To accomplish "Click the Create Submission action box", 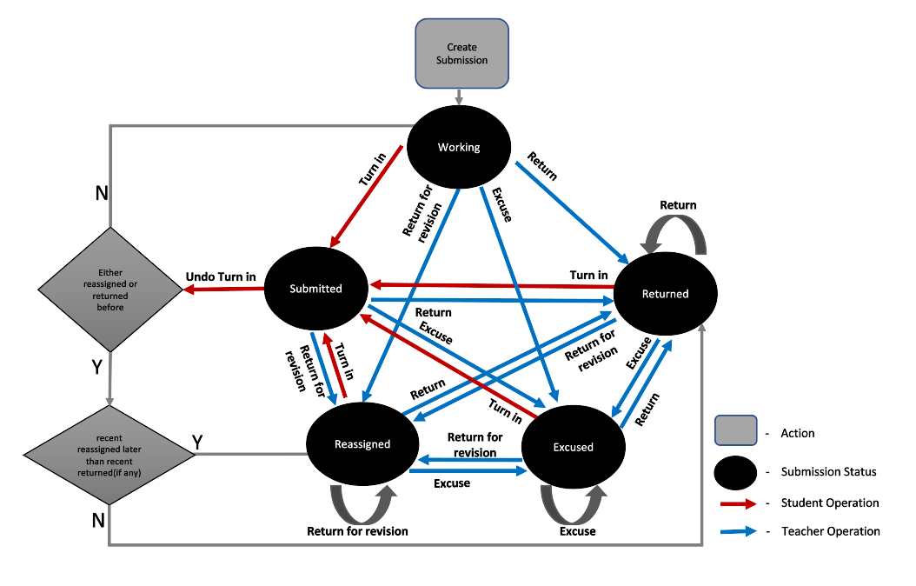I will [461, 54].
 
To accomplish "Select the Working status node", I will [459, 147].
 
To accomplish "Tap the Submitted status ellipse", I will [315, 289].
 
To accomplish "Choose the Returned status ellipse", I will [665, 294].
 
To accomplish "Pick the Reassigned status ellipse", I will [362, 443].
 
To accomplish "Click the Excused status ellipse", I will [573, 447].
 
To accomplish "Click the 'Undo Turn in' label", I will [221, 277].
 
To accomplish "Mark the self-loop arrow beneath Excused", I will [574, 503].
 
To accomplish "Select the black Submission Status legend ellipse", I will [738, 472].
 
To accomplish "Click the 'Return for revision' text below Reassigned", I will [357, 530].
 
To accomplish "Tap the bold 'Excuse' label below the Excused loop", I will [577, 530].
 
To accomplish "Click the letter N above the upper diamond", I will [102, 193].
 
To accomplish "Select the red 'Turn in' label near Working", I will [372, 170].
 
